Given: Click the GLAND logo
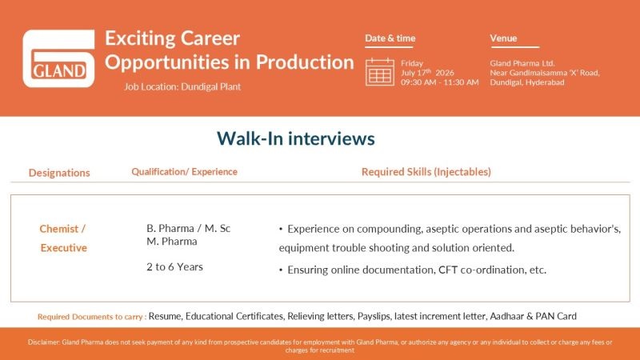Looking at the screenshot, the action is pos(58,58).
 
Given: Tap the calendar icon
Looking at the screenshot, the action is pos(379,72).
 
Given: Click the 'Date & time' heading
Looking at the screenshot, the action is pos(390,38).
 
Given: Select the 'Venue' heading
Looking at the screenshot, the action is pos(503,38).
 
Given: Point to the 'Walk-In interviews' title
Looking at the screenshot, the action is pos(295,138).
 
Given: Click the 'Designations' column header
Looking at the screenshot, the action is pos(59,173).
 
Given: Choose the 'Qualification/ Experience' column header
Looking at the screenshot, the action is pos(184,172).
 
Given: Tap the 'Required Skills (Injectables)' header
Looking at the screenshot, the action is pos(426,172).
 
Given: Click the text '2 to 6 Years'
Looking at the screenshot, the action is pos(174,267).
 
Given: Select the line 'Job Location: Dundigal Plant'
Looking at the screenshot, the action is pos(182,86).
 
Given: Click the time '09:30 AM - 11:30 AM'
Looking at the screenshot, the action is pos(439,82).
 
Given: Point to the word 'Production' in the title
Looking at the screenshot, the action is pos(305,62).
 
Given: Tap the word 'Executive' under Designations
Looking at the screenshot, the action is pos(64,248).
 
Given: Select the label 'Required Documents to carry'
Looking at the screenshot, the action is pos(90,317).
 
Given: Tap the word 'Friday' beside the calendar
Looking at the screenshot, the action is pos(412,64).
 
